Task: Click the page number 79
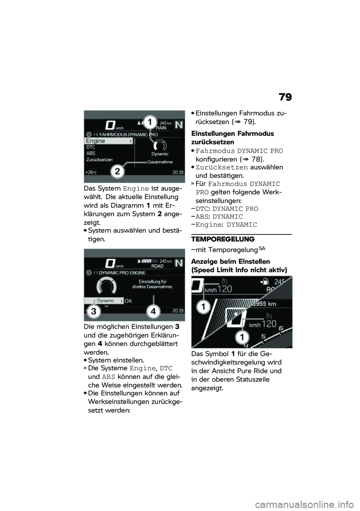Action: pos(285,98)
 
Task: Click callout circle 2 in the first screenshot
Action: pos(117,172)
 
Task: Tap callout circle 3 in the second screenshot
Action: pos(94,311)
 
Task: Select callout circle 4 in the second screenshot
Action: pos(154,311)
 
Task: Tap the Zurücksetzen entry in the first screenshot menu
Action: pos(99,159)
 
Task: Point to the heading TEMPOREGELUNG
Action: pos(223,239)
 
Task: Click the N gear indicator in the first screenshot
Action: pos(179,125)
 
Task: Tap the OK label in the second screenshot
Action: pos(128,301)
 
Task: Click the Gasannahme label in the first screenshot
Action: pos(160,162)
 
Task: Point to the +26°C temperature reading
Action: pos(91,173)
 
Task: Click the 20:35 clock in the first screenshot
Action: pos(178,173)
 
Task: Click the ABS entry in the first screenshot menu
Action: pos(91,153)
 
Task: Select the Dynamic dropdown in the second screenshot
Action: pos(105,301)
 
